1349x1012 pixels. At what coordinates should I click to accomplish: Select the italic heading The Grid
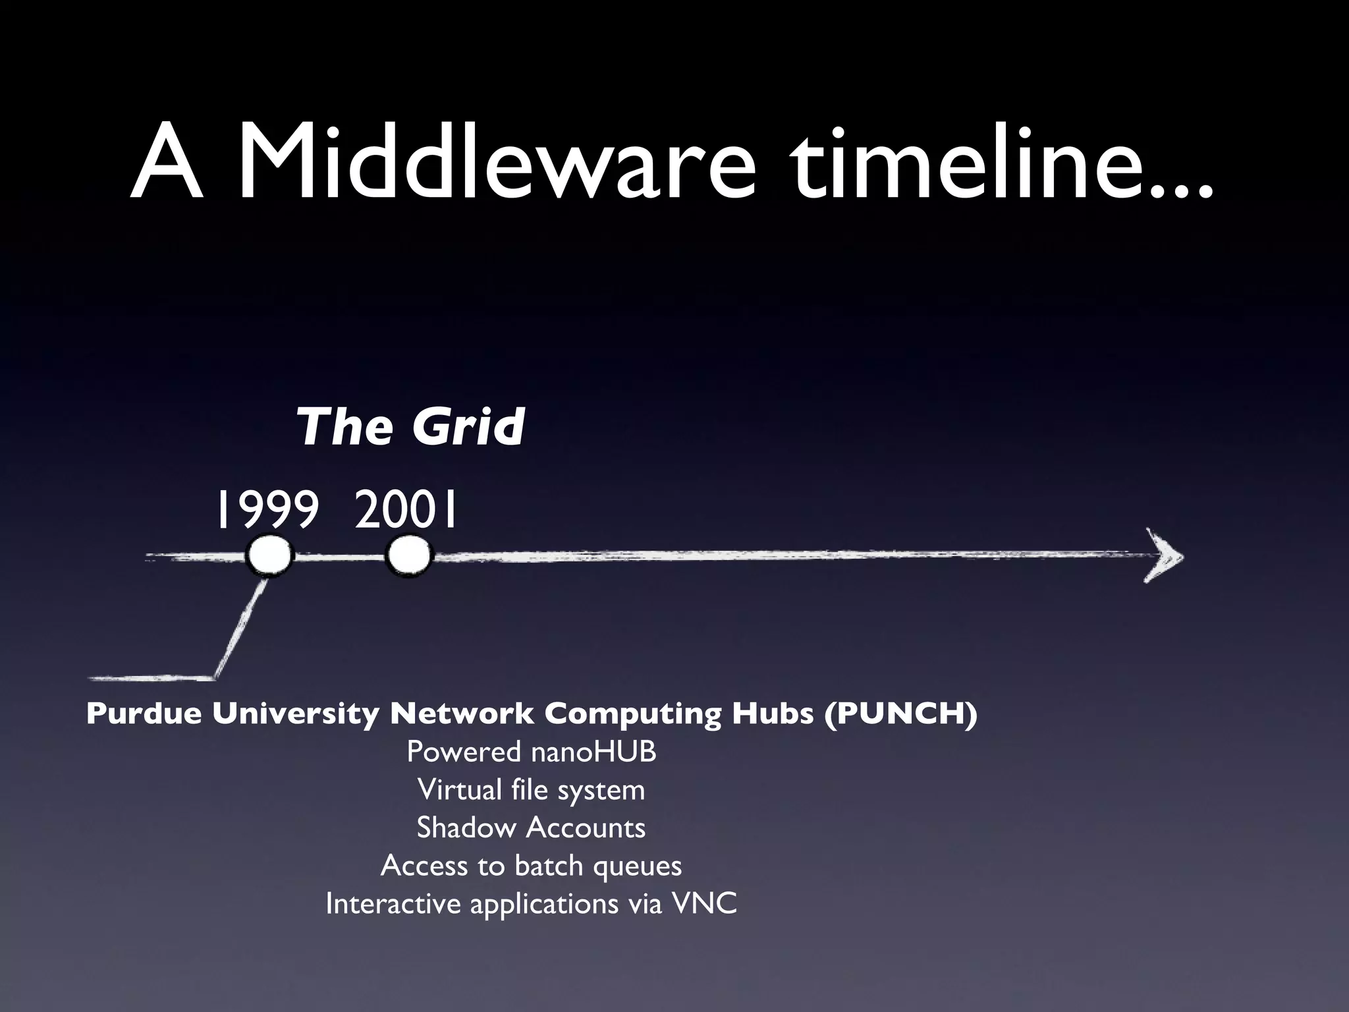(x=410, y=426)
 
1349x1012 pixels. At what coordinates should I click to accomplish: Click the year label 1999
(x=266, y=511)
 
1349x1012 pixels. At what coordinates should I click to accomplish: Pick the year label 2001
(x=406, y=511)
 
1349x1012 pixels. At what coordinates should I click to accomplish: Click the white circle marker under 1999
(x=269, y=557)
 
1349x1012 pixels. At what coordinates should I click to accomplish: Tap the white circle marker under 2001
(x=408, y=557)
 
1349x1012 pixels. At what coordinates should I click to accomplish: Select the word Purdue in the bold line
(x=144, y=714)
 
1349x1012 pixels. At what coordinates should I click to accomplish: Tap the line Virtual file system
(x=531, y=789)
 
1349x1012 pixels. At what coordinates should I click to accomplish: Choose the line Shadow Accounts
(x=531, y=828)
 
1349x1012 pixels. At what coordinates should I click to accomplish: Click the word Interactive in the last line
(x=393, y=903)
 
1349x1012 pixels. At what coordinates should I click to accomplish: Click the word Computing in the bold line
(x=632, y=714)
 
